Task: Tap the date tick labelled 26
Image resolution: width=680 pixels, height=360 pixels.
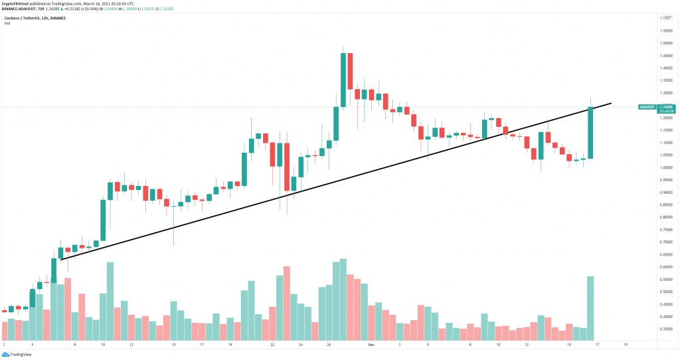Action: [329, 345]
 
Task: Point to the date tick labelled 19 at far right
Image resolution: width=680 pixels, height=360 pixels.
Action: [625, 345]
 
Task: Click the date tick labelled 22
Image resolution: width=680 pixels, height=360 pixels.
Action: [273, 345]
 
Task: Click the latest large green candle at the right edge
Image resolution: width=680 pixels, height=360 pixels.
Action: [590, 133]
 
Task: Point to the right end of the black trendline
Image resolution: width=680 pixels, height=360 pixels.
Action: [610, 104]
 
